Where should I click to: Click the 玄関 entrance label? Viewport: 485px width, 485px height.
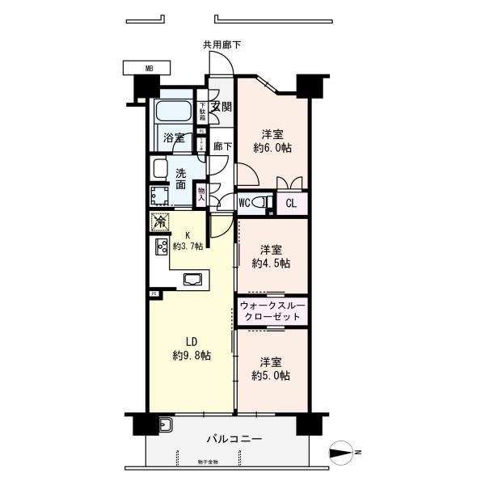coord(221,107)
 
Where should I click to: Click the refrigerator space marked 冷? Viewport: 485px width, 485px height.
coord(160,221)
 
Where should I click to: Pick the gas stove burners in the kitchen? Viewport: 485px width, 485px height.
coord(160,247)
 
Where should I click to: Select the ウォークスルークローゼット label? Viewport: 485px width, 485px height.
coord(272,313)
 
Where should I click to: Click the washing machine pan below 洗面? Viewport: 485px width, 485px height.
coord(160,196)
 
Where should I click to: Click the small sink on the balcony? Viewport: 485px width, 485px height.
coord(166,424)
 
